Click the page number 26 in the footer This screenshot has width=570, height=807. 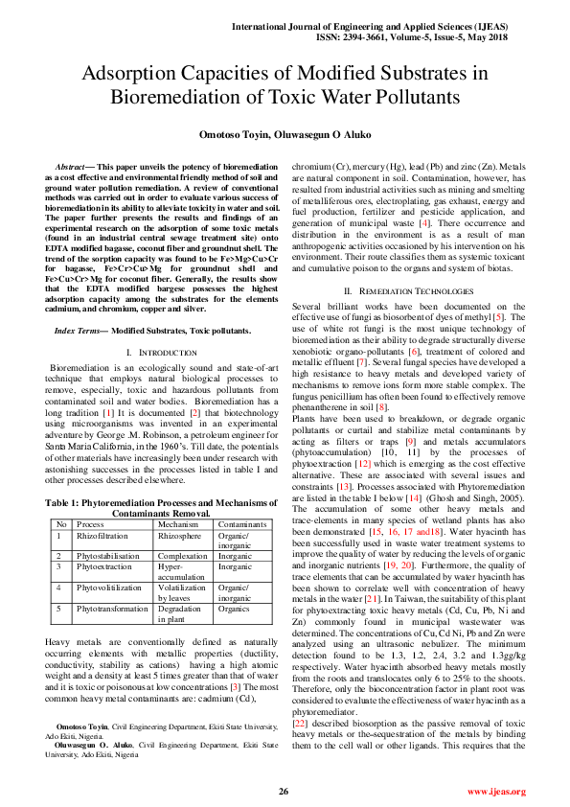[284, 791]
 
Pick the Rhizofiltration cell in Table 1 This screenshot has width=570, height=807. [102, 537]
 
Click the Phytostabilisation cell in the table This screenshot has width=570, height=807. [107, 555]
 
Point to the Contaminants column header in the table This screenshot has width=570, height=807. [242, 524]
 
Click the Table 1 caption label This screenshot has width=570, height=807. [65, 502]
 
